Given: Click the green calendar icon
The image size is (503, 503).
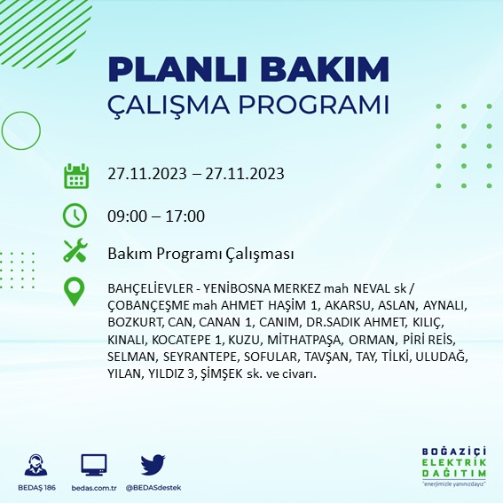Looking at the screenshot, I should pyautogui.click(x=75, y=175).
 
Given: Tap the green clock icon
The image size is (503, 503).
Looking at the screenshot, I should pyautogui.click(x=75, y=215).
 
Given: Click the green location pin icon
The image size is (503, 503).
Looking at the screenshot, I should pyautogui.click(x=75, y=291).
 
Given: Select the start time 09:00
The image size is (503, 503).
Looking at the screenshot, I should pyautogui.click(x=124, y=216).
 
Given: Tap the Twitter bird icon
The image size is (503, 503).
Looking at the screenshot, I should pyautogui.click(x=153, y=465).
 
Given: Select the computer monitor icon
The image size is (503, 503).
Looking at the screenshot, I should pyautogui.click(x=94, y=465).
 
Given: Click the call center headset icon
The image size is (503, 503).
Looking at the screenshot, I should pyautogui.click(x=36, y=466).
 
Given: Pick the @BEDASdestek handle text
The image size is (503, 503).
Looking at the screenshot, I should pyautogui.click(x=153, y=489).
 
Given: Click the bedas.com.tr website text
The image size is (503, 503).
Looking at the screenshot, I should pyautogui.click(x=94, y=489).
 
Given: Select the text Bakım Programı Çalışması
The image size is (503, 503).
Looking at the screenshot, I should pyautogui.click(x=200, y=254).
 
